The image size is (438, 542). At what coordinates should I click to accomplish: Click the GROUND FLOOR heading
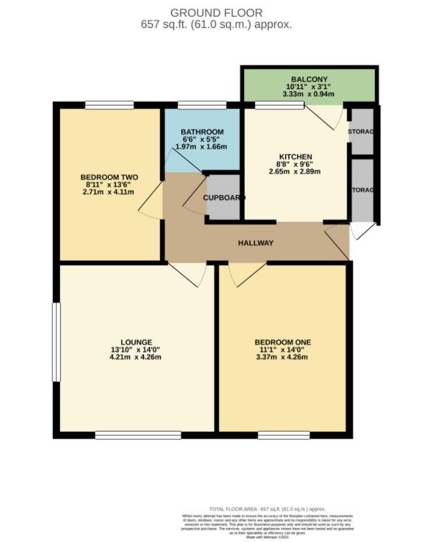216,13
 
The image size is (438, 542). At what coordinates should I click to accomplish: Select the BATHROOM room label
201,132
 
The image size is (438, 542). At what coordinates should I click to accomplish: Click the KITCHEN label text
295,156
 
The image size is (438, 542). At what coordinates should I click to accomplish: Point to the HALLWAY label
256,243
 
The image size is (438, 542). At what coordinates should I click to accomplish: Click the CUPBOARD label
223,197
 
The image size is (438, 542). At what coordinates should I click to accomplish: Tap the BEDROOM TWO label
109,177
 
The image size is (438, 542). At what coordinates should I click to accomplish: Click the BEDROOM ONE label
282,342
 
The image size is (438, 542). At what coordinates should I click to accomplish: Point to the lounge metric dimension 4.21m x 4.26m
136,357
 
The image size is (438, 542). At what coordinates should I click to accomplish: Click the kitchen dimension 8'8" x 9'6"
295,164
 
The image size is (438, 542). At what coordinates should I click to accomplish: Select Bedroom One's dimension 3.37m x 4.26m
282,357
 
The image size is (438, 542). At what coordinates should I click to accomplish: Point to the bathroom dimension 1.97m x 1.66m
201,147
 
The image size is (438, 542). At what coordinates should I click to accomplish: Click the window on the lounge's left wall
55,343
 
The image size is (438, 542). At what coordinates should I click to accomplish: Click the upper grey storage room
362,132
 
